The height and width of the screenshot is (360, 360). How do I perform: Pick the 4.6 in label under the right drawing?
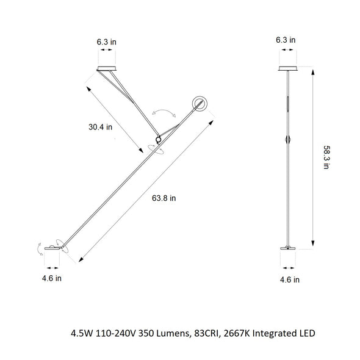point(289,280)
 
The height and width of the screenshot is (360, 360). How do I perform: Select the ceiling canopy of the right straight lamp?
point(287,67)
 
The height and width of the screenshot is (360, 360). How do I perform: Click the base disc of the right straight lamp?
point(287,247)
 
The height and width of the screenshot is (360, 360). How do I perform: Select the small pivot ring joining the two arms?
point(158,137)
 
